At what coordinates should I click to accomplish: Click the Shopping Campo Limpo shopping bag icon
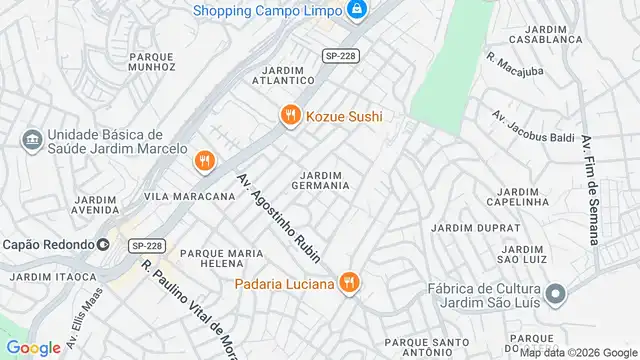tap(357, 11)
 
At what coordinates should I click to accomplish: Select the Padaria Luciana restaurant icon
tap(348, 283)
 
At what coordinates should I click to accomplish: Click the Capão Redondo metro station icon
tap(104, 244)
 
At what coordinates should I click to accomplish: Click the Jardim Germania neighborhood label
tap(319, 179)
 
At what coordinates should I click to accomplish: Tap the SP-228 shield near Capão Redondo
tap(146, 245)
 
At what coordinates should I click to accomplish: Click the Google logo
tap(33, 347)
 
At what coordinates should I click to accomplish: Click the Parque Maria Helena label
tap(221, 260)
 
